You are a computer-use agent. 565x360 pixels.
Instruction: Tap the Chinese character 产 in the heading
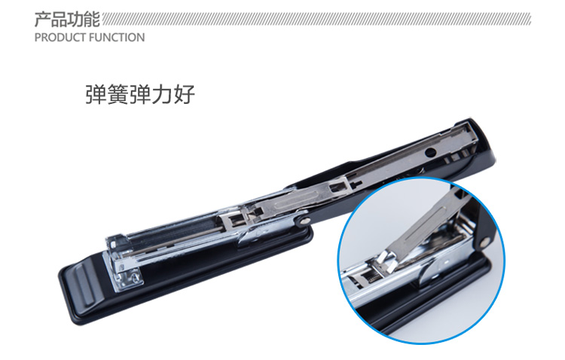[42, 20]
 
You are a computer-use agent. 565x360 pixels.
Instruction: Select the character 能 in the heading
[91, 20]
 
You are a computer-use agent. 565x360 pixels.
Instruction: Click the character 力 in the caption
[162, 94]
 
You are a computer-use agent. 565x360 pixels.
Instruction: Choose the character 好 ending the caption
[184, 94]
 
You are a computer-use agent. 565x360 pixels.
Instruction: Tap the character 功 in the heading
[75, 20]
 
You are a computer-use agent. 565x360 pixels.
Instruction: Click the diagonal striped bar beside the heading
[316, 20]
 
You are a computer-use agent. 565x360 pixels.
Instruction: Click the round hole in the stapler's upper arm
[430, 152]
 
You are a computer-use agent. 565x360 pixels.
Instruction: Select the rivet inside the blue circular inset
[484, 242]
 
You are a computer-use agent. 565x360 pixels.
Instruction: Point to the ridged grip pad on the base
[84, 284]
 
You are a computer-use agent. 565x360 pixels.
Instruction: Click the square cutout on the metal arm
[337, 187]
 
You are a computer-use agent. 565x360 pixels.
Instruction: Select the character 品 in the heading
[59, 20]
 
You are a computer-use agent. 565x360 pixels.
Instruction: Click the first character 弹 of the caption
[96, 94]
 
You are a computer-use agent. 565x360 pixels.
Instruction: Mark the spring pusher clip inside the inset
[386, 262]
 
